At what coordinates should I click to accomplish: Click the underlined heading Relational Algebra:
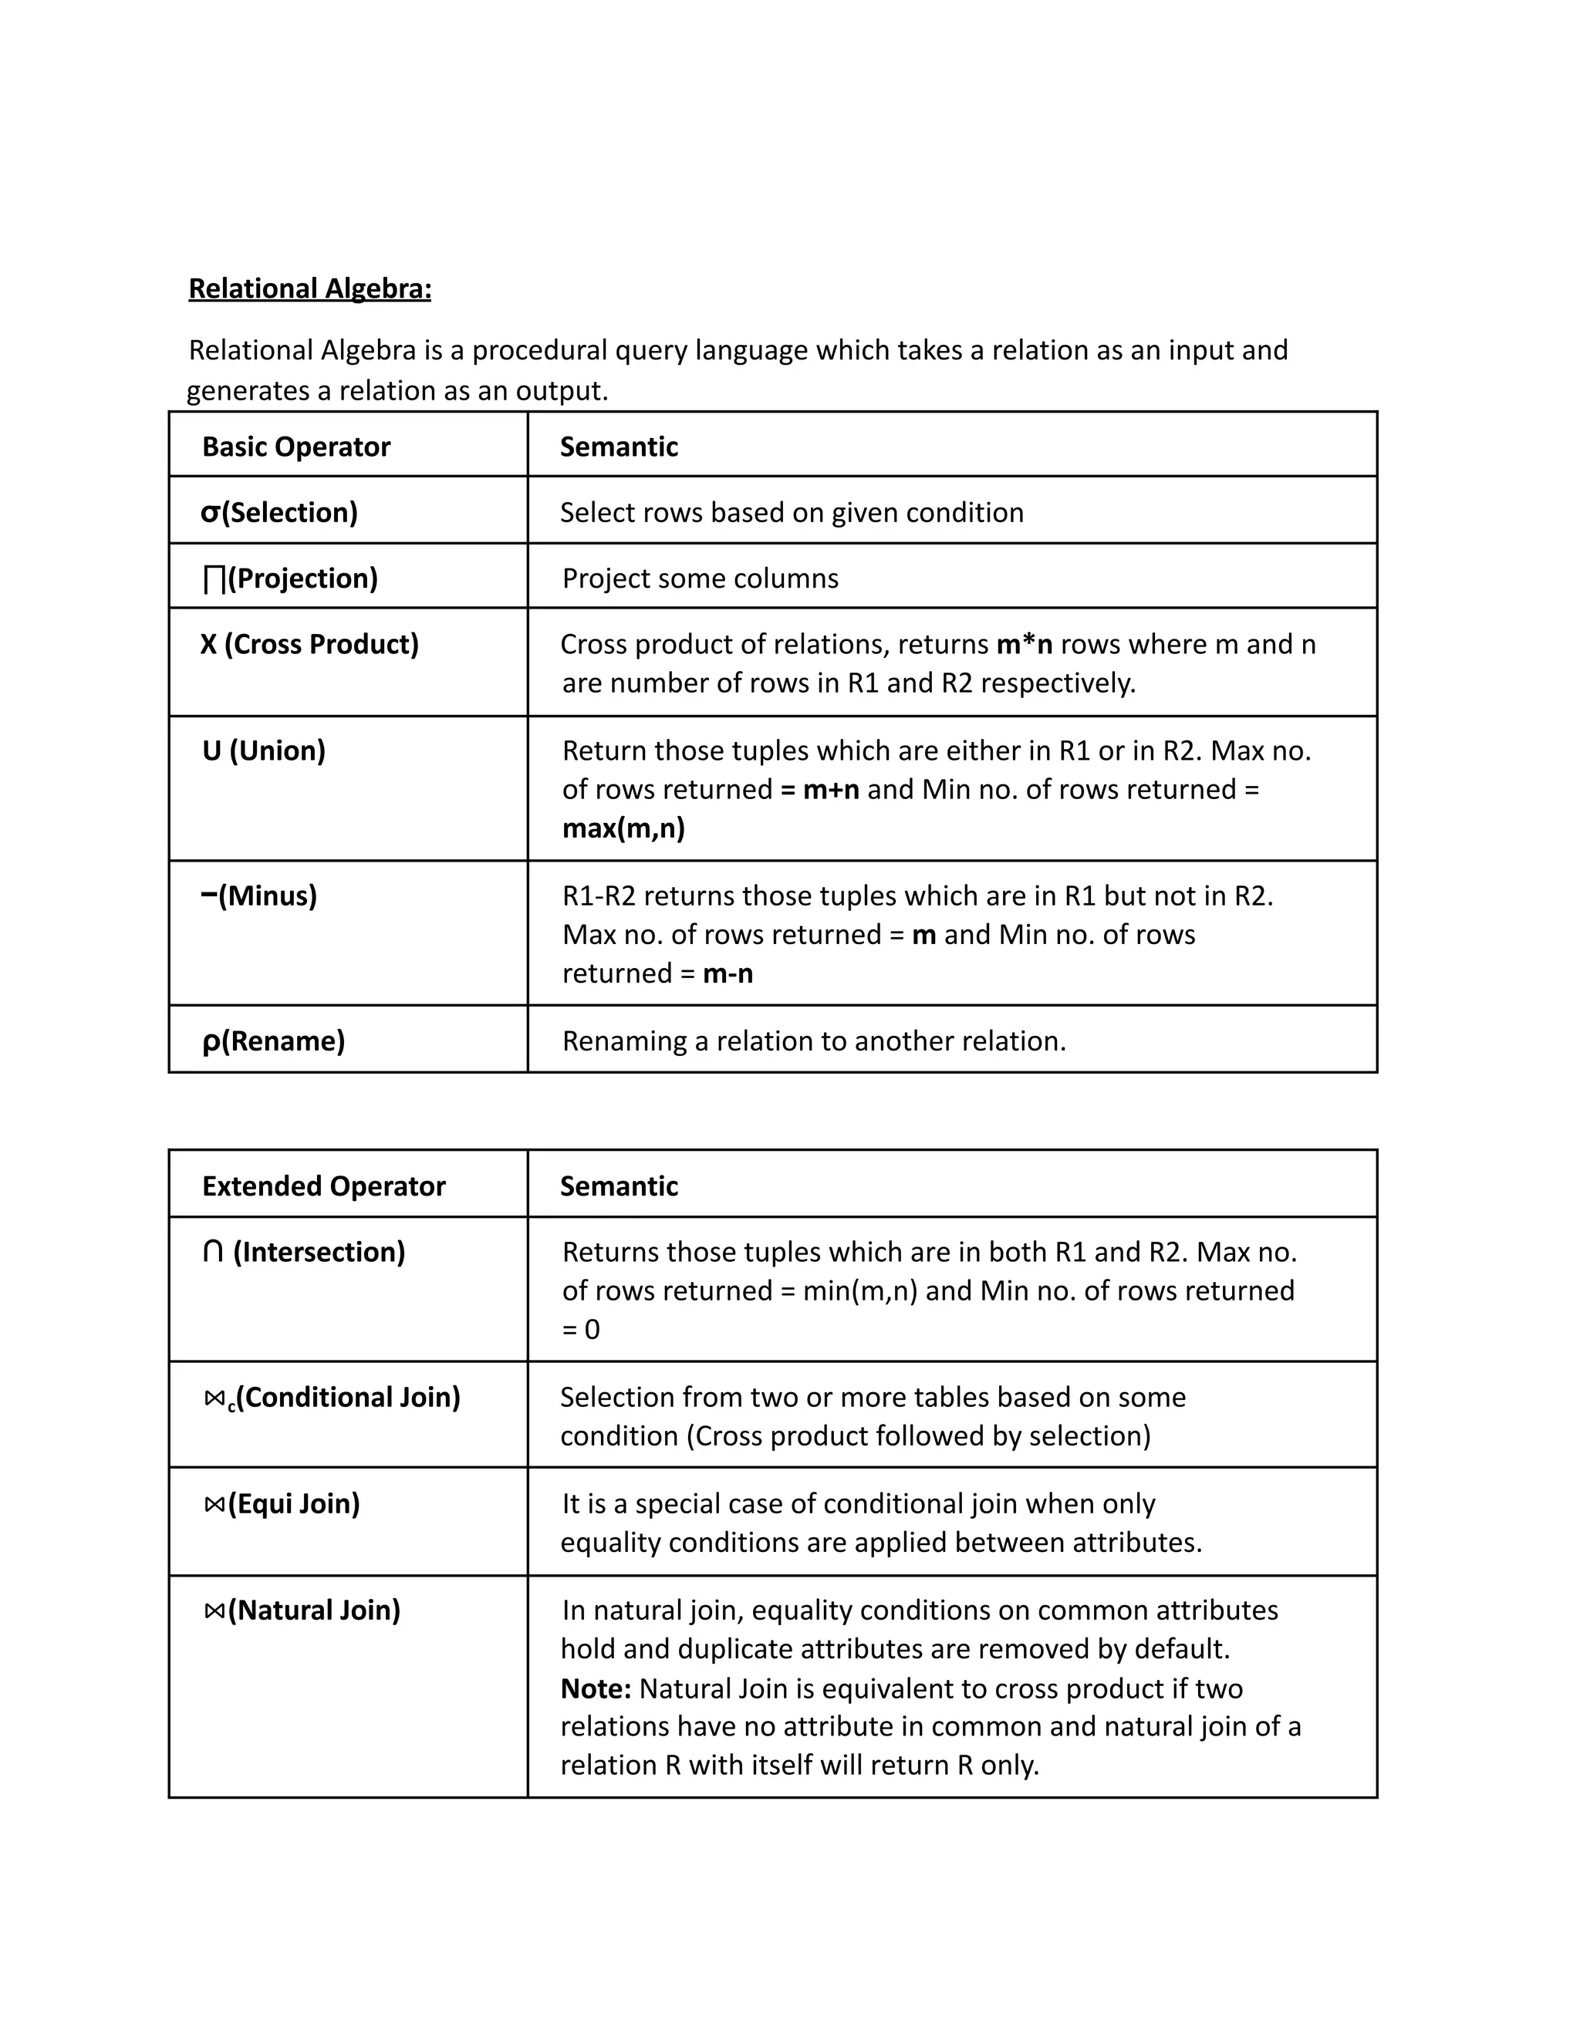pyautogui.click(x=310, y=288)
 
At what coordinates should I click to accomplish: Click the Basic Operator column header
pyautogui.click(x=295, y=447)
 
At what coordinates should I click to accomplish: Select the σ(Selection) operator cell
pyautogui.click(x=279, y=512)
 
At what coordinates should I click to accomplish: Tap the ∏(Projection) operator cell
pyautogui.click(x=290, y=578)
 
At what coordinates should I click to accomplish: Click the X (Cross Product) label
pyautogui.click(x=310, y=644)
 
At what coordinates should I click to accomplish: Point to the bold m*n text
pyautogui.click(x=1024, y=644)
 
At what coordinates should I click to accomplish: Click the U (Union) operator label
pyautogui.click(x=264, y=750)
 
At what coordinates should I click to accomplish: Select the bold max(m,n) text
pyautogui.click(x=623, y=828)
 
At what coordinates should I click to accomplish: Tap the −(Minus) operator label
pyautogui.click(x=259, y=896)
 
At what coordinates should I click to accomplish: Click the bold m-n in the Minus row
pyautogui.click(x=728, y=973)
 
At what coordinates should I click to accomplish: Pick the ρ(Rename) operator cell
pyautogui.click(x=273, y=1041)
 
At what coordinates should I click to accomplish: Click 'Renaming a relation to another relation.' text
pyautogui.click(x=813, y=1041)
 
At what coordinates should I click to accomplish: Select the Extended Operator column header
pyautogui.click(x=323, y=1186)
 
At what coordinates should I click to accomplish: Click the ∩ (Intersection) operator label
pyautogui.click(x=304, y=1251)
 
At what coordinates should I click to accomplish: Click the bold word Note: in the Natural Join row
pyautogui.click(x=596, y=1688)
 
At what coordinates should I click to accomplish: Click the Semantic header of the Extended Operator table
pyautogui.click(x=619, y=1186)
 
